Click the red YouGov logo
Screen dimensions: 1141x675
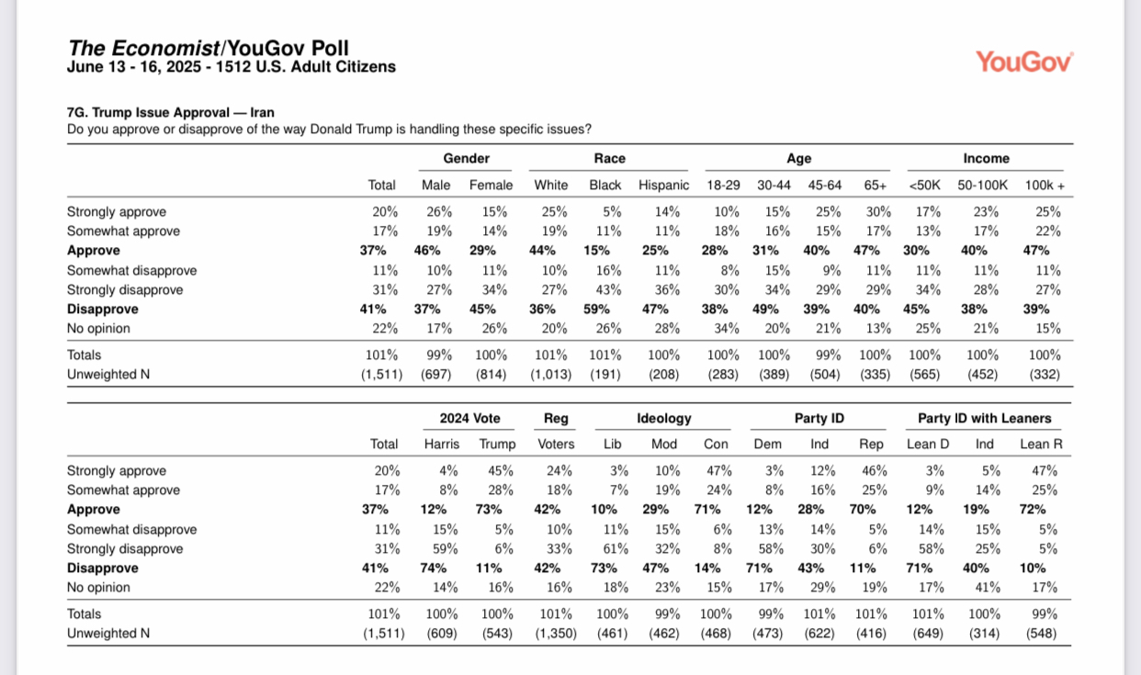tap(1024, 62)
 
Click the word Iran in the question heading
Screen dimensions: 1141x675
tap(262, 112)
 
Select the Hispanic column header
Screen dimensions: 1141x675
tap(663, 185)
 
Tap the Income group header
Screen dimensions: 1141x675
tap(986, 158)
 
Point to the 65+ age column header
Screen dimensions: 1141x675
tap(875, 185)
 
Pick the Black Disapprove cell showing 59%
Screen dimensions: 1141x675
tap(596, 309)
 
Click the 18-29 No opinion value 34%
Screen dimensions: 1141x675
tap(727, 329)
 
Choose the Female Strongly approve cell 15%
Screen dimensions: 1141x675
tap(494, 211)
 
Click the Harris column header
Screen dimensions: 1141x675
tap(442, 444)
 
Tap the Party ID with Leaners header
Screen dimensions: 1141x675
tap(984, 418)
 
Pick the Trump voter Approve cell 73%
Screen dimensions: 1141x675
tap(489, 509)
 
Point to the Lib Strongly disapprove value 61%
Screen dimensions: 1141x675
tap(616, 549)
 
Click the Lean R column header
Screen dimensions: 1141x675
tap(1041, 444)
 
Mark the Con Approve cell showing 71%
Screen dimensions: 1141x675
tap(707, 509)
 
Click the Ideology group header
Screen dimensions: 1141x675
tap(663, 419)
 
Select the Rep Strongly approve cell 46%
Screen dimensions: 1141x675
tap(874, 470)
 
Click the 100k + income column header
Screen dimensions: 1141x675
tap(1045, 185)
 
